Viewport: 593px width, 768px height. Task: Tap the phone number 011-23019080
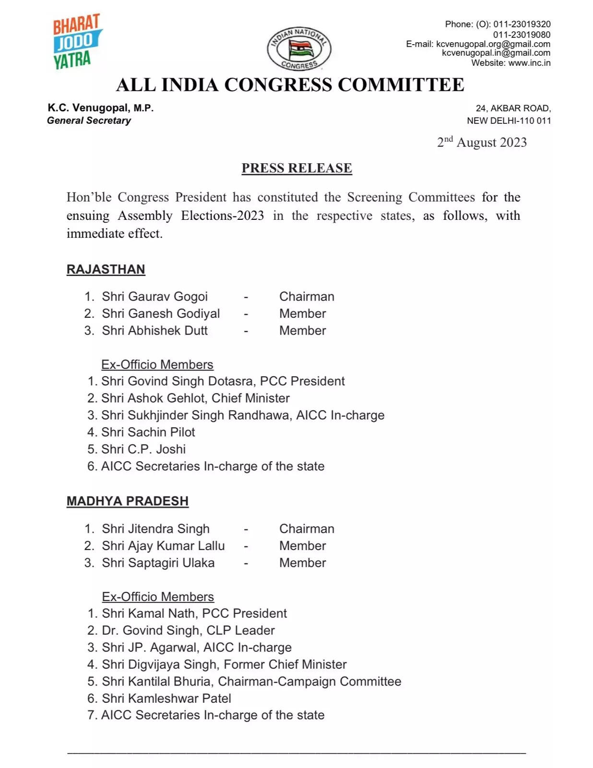(522, 35)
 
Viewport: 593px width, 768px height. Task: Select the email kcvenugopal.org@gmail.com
(493, 44)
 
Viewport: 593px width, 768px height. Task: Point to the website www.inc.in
(529, 63)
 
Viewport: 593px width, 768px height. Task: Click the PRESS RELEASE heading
(296, 168)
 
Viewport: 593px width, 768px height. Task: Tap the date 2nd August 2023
(482, 143)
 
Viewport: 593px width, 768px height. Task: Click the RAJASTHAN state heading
(106, 269)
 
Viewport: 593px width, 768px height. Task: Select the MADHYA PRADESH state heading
(127, 501)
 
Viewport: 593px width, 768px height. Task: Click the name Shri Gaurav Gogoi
(154, 297)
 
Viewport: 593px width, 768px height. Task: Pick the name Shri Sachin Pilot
(148, 432)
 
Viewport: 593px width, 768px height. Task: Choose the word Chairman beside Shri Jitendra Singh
(307, 529)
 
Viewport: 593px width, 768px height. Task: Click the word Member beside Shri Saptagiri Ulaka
(302, 563)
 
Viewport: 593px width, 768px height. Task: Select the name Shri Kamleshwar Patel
(166, 698)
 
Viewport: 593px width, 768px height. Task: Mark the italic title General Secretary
(89, 120)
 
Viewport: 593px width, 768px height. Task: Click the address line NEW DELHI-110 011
(509, 120)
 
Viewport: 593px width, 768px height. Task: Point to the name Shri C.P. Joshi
(143, 449)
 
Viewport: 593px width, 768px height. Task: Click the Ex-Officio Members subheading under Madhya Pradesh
(158, 597)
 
